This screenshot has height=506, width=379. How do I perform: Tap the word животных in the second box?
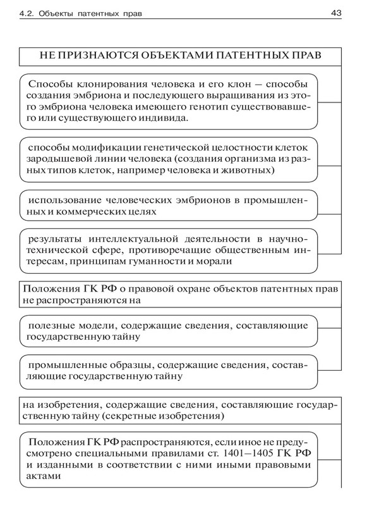pos(246,171)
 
